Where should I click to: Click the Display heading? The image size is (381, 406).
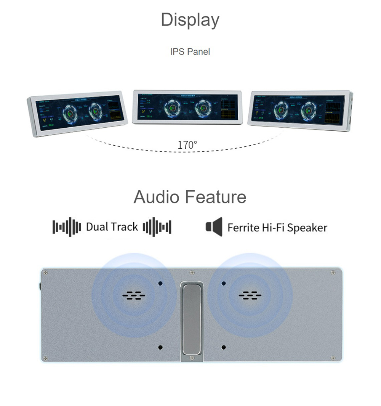[190, 20]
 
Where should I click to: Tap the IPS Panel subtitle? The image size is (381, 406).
[190, 51]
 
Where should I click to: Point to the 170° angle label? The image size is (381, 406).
[187, 145]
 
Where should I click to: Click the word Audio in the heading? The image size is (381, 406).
[157, 197]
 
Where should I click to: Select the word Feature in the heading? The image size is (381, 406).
[216, 197]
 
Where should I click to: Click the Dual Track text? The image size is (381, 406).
[112, 227]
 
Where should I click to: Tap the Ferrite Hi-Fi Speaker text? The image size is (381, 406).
[277, 228]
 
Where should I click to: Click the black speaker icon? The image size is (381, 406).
[214, 227]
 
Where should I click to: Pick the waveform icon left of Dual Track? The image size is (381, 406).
[67, 227]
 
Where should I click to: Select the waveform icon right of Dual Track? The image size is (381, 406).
[157, 227]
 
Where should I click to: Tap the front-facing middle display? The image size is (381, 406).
[187, 107]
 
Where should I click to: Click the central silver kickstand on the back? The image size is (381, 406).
[191, 318]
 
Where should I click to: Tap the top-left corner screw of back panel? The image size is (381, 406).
[45, 272]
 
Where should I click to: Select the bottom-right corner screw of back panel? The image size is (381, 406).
[333, 358]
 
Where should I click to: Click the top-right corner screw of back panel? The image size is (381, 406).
[333, 272]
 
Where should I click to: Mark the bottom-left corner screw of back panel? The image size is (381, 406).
[45, 358]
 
